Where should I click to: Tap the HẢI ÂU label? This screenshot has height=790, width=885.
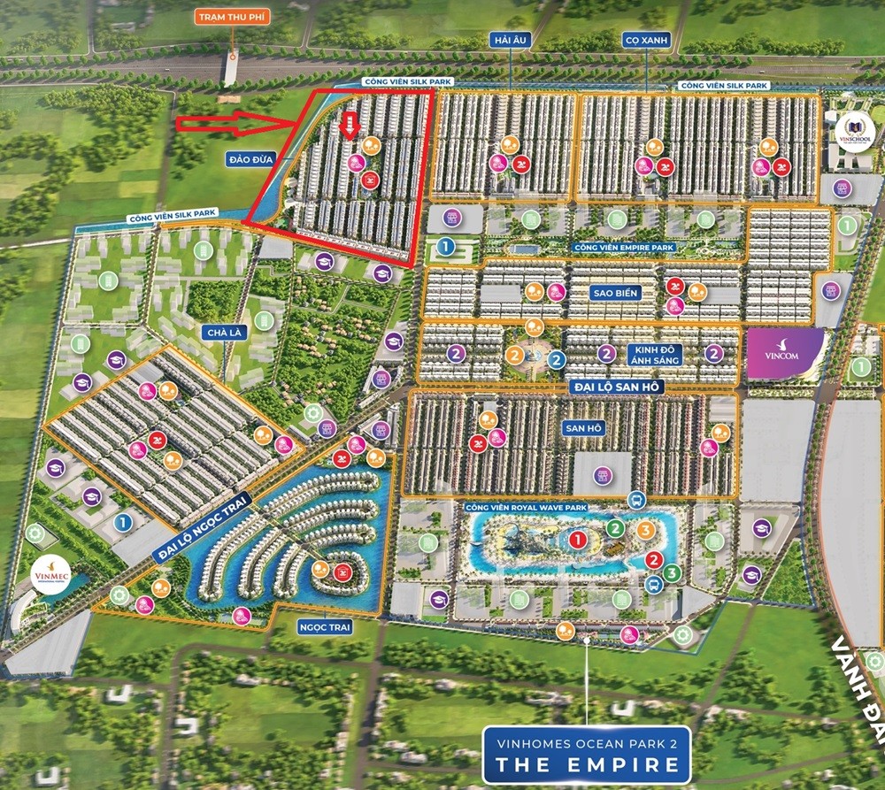(510, 38)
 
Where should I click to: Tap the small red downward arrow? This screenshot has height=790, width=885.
(350, 125)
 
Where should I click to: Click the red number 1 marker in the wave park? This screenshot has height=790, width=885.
(577, 538)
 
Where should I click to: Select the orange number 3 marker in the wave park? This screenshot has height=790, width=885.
(646, 531)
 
